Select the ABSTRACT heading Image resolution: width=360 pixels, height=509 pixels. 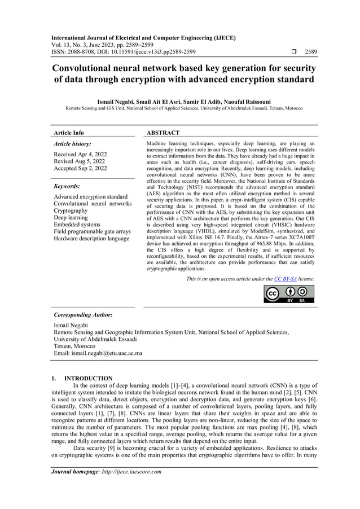(x=163, y=133)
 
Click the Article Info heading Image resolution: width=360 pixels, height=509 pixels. (x=68, y=133)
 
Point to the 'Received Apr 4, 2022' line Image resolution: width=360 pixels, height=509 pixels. (x=80, y=154)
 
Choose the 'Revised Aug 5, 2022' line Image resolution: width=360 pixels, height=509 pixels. (x=79, y=161)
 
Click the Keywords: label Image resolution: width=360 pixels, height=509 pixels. (x=67, y=186)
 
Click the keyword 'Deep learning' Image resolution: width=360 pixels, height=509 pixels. (x=71, y=217)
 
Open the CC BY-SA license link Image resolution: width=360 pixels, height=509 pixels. (x=286, y=279)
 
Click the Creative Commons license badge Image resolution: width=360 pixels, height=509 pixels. (x=289, y=294)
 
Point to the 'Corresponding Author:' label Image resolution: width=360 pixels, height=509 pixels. (x=82, y=315)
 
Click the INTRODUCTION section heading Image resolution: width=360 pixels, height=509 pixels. (x=88, y=378)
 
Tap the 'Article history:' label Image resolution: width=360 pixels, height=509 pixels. (x=72, y=144)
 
